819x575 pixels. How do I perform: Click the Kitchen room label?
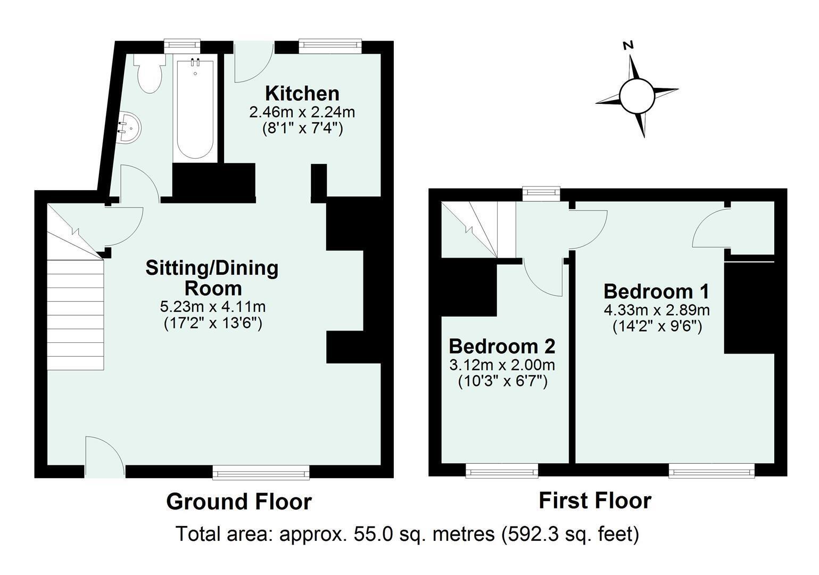302,94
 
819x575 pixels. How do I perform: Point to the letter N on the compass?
628,45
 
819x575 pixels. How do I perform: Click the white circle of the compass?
636,96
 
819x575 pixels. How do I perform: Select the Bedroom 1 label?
657,292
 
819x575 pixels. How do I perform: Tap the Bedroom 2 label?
502,346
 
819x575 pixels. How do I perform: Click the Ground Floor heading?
239,502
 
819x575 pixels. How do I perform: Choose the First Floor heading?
595,500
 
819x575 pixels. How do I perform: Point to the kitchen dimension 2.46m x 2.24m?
302,112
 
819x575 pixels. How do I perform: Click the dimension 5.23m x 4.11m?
213,307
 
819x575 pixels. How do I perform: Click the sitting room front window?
261,472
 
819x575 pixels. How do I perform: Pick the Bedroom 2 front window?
502,471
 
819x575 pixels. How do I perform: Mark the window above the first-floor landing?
542,194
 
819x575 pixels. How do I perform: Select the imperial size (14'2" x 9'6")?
657,325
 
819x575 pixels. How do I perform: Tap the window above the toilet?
182,46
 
